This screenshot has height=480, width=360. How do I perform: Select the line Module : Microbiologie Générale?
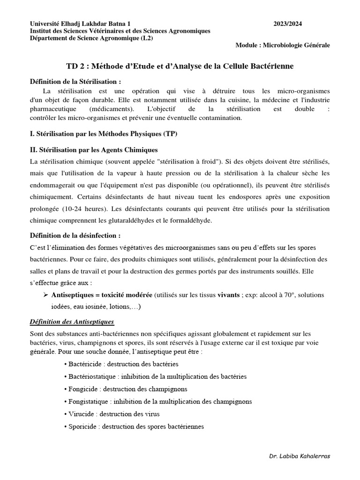[x=282, y=45]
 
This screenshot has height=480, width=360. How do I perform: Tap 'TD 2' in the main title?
[x=75, y=67]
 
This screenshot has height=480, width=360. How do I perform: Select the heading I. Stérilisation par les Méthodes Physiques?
[x=104, y=134]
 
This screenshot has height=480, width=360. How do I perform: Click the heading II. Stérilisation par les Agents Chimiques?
[x=94, y=150]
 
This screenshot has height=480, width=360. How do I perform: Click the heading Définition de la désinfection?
[x=75, y=235]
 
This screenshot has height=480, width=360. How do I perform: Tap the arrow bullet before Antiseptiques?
[x=46, y=295]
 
